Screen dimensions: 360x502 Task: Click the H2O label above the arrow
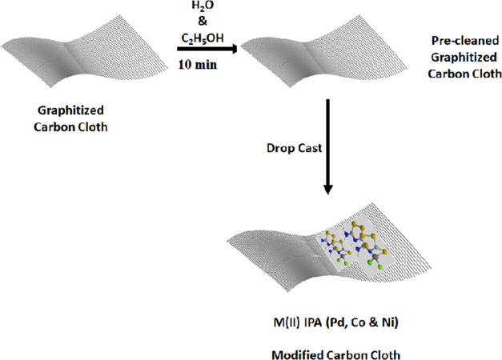[200, 7]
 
